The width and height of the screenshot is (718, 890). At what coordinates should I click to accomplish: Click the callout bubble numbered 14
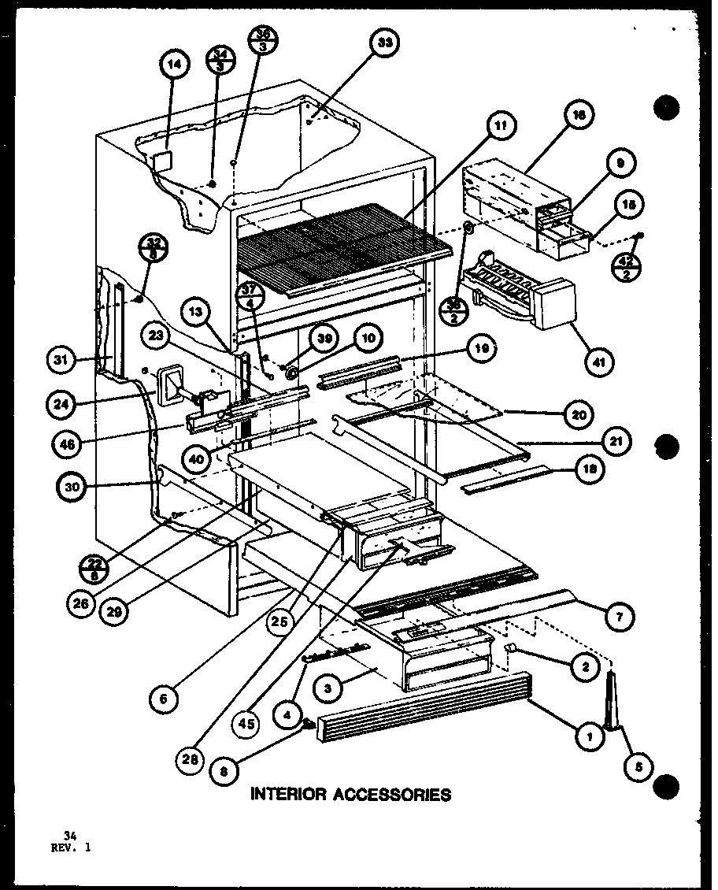[175, 66]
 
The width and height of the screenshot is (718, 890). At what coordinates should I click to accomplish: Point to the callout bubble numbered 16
[579, 115]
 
